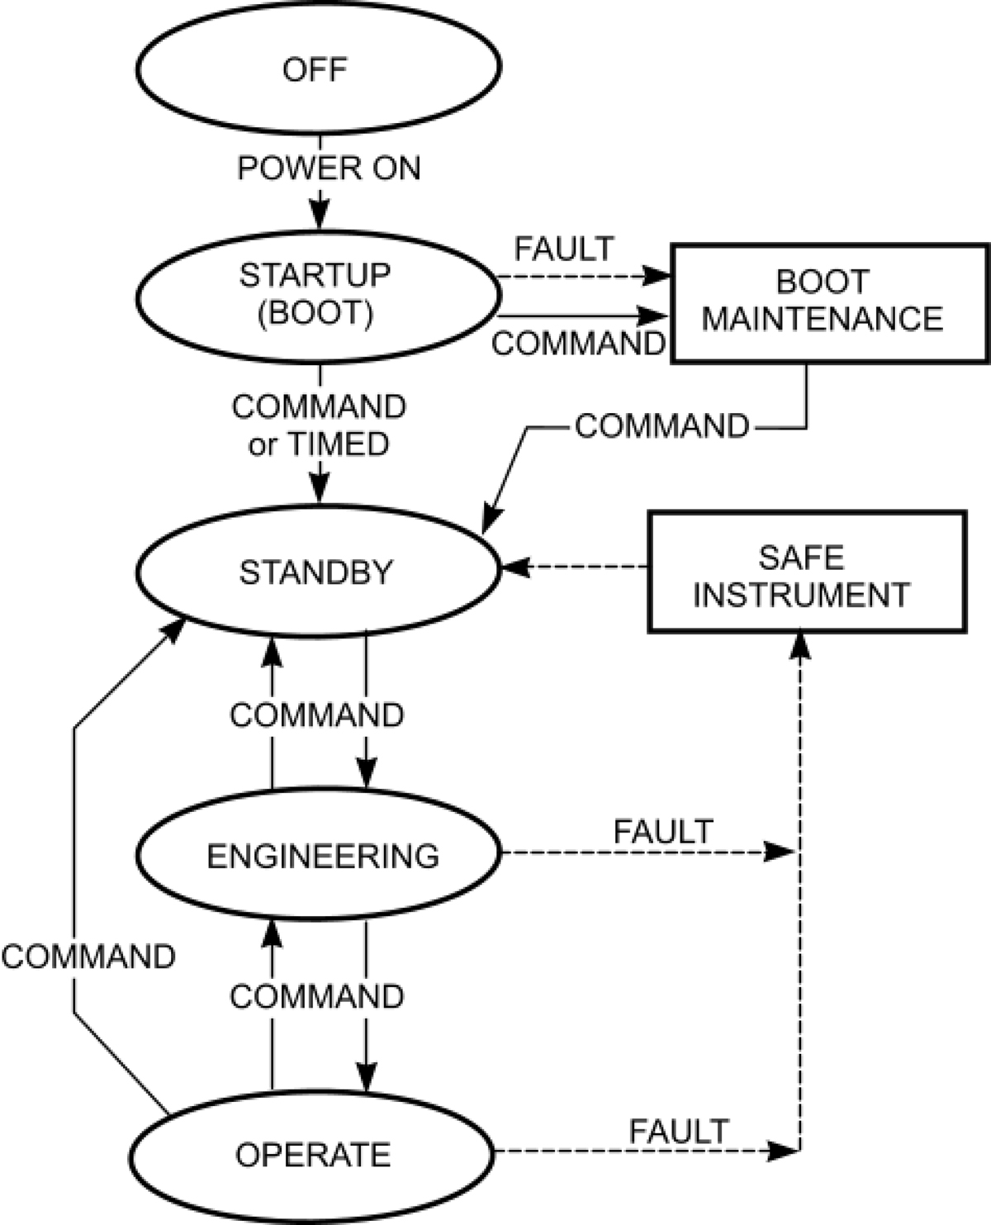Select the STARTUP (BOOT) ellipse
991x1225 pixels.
(x=317, y=295)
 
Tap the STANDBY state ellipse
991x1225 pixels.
(x=317, y=572)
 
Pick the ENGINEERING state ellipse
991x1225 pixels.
(x=317, y=856)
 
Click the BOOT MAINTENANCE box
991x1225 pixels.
(x=829, y=302)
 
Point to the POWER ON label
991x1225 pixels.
(x=329, y=169)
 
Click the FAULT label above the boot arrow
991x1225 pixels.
(x=565, y=248)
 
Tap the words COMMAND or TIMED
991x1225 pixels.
(x=319, y=425)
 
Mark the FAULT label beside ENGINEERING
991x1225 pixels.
(x=663, y=831)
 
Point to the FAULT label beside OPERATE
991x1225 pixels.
(x=679, y=1131)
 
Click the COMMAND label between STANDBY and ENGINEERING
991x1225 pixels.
(x=317, y=715)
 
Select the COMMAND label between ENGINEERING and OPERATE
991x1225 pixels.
(x=317, y=997)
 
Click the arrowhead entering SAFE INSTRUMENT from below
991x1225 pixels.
(x=800, y=645)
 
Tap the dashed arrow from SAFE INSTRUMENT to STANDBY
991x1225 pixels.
(x=578, y=567)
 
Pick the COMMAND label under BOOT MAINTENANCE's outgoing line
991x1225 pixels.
(x=662, y=426)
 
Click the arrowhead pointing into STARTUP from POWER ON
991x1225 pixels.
(x=319, y=216)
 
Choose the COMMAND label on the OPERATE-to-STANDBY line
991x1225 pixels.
(x=88, y=957)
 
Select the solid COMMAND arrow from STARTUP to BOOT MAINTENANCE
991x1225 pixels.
(x=578, y=315)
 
